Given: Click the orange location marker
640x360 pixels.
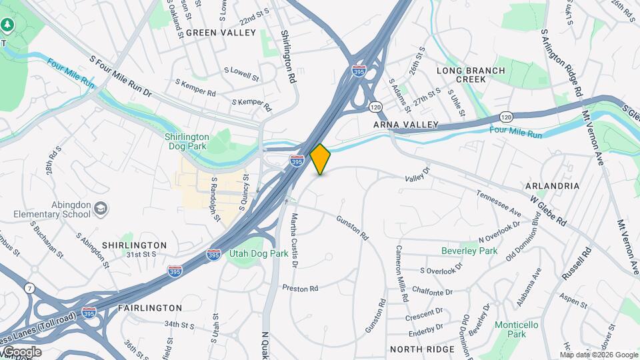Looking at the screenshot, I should pyautogui.click(x=320, y=159).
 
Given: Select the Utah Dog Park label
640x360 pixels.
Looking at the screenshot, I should pyautogui.click(x=259, y=253).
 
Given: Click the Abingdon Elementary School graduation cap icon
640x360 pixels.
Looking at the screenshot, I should pyautogui.click(x=101, y=209).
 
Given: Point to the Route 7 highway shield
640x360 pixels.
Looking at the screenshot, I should pyautogui.click(x=29, y=288).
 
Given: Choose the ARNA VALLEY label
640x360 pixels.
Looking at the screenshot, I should pyautogui.click(x=405, y=125).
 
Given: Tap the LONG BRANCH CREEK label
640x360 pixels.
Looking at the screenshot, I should pyautogui.click(x=471, y=75).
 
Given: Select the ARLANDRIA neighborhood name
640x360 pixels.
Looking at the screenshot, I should pyautogui.click(x=552, y=185).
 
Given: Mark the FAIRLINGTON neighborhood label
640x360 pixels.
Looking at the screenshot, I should pyautogui.click(x=150, y=308).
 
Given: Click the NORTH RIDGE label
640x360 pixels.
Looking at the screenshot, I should pyautogui.click(x=422, y=349).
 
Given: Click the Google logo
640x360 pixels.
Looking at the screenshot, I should pyautogui.click(x=21, y=351).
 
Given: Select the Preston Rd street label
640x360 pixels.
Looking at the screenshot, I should pyautogui.click(x=300, y=289).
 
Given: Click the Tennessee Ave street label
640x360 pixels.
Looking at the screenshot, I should pyautogui.click(x=498, y=203).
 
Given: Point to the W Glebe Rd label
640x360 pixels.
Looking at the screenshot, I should pyautogui.click(x=548, y=211).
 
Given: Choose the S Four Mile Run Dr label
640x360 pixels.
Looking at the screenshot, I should pyautogui.click(x=123, y=81).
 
